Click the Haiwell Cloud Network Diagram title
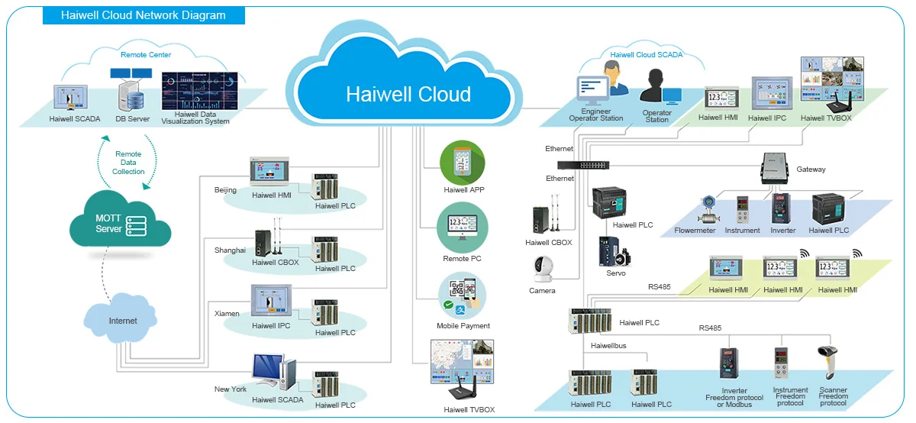pyautogui.click(x=144, y=15)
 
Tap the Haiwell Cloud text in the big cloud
pyautogui.click(x=408, y=94)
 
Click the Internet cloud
pyautogui.click(x=123, y=320)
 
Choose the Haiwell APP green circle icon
pyautogui.click(x=463, y=163)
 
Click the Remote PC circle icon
pyautogui.click(x=462, y=228)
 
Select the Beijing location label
pyautogui.click(x=225, y=190)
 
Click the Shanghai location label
pyautogui.click(x=230, y=250)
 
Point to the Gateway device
pyautogui.click(x=775, y=168)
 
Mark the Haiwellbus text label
pyautogui.click(x=608, y=346)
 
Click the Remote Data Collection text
pyautogui.click(x=128, y=163)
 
